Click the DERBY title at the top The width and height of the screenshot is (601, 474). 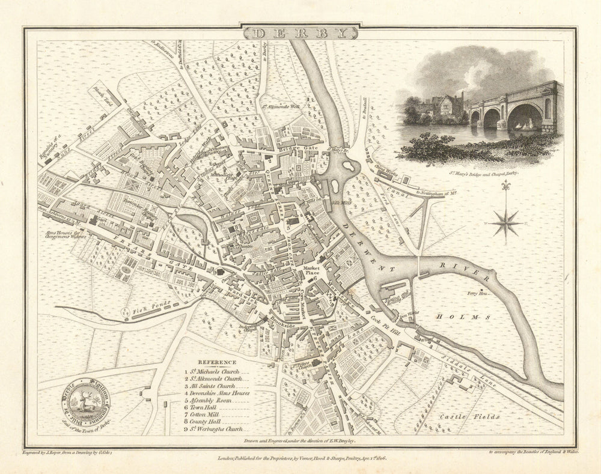300,32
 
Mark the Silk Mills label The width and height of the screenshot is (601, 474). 341,203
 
